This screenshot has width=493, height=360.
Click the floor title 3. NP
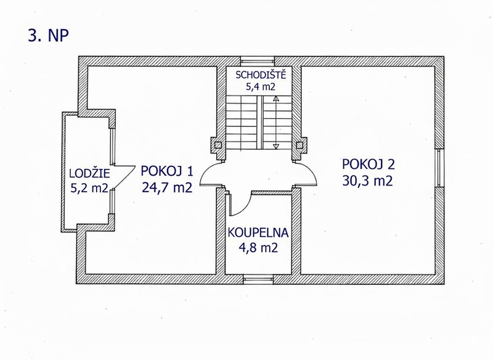click(48, 36)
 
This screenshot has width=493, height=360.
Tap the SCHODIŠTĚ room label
click(261, 75)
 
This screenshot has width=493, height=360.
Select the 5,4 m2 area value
click(260, 87)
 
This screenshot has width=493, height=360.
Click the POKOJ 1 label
click(166, 171)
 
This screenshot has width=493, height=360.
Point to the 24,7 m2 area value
click(167, 187)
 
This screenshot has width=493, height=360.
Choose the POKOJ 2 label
click(368, 164)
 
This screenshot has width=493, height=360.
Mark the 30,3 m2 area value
click(367, 181)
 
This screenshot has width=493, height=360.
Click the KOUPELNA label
click(258, 232)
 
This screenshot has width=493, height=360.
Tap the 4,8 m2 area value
click(258, 248)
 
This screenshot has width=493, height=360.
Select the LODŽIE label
click(89, 173)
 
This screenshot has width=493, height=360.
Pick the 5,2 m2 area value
click(89, 188)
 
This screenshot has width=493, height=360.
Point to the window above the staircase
click(258, 61)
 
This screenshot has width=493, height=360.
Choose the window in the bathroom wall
click(258, 279)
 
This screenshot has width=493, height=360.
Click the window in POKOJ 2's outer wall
click(439, 168)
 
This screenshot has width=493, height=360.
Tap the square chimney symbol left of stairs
click(218, 145)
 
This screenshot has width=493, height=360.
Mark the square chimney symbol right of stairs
click(299, 145)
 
